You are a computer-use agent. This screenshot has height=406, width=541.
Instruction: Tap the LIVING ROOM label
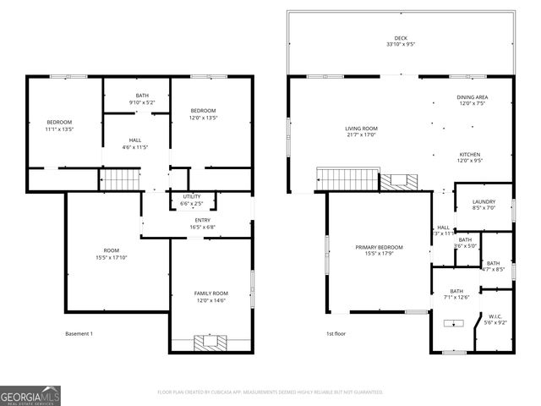tap(361, 128)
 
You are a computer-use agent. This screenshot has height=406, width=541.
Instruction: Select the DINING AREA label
tap(473, 98)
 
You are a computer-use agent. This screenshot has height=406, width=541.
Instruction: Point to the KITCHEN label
tap(469, 155)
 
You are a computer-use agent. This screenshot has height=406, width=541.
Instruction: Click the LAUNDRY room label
tap(484, 201)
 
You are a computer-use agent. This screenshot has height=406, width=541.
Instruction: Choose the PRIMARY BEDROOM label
tap(379, 248)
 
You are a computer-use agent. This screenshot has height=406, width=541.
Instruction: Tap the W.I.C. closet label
tap(495, 317)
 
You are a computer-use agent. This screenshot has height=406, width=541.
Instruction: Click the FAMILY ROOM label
tap(211, 294)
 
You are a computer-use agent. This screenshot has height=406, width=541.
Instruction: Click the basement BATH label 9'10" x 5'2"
tap(142, 96)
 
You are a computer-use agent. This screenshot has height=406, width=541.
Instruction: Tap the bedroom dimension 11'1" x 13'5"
tap(59, 129)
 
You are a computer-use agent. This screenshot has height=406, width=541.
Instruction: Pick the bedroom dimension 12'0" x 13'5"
tap(203, 118)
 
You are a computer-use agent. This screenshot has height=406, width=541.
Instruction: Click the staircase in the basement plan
tap(119, 179)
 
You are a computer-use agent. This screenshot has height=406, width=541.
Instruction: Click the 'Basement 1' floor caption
tap(79, 333)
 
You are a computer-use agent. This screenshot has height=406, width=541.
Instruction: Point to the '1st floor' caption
tap(336, 333)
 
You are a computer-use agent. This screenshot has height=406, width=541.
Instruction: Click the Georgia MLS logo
tap(30, 395)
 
